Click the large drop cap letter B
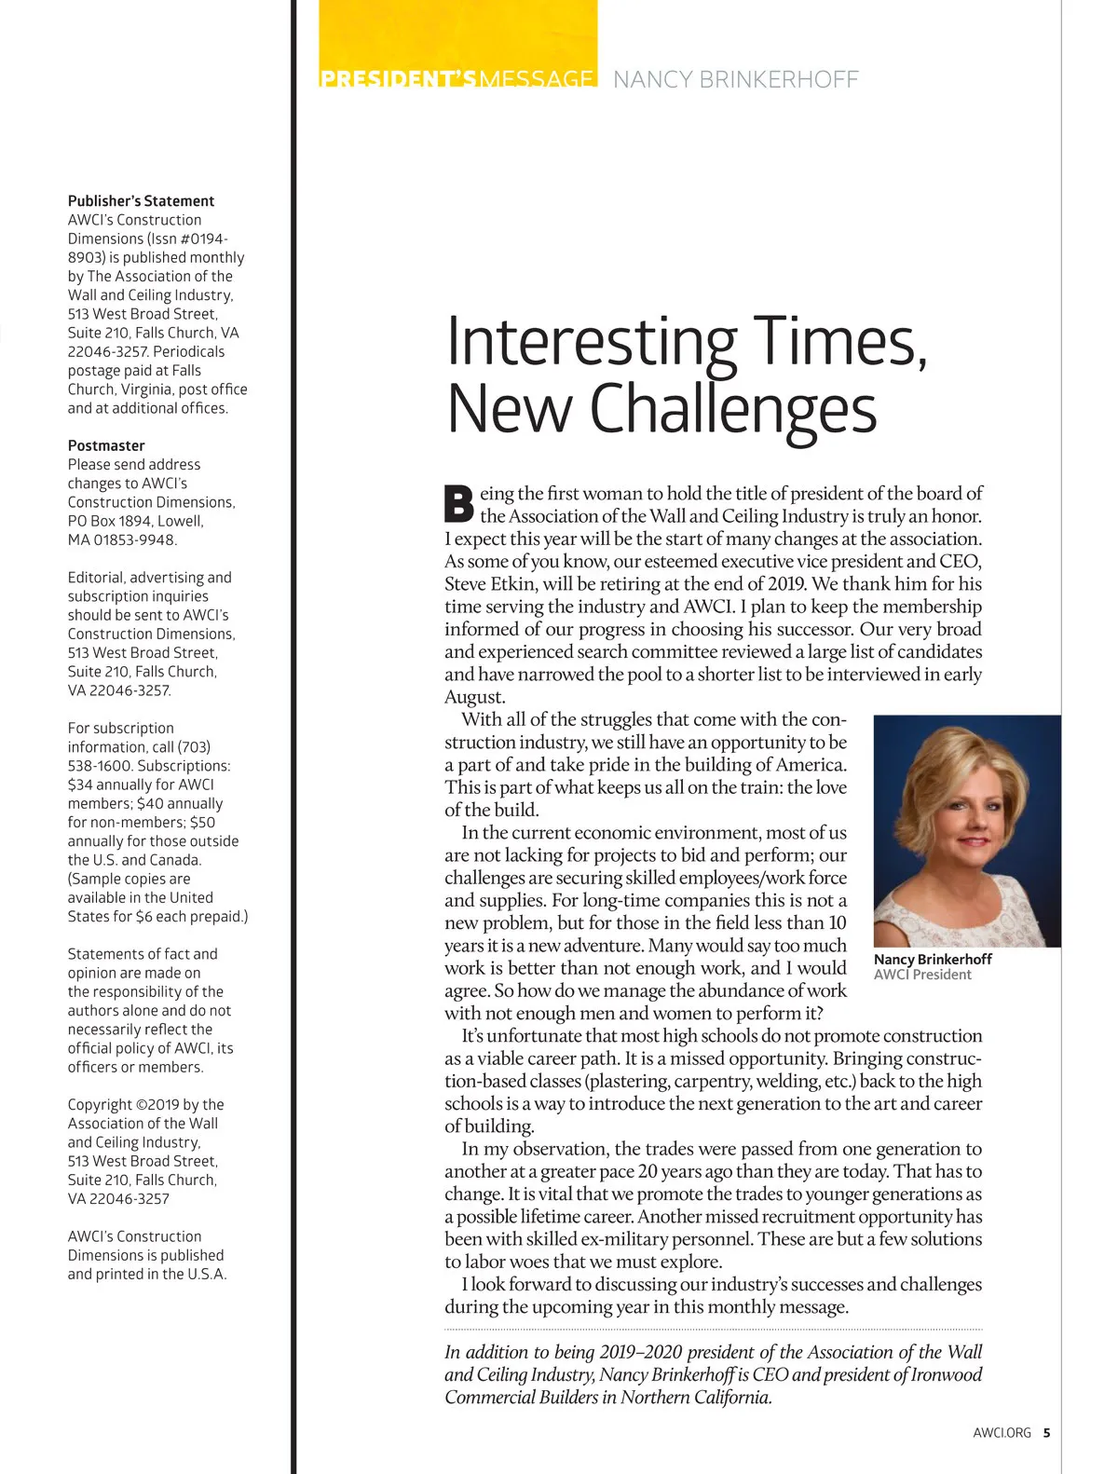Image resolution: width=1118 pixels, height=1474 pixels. coord(458,503)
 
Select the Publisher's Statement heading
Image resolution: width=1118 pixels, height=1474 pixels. coord(141,201)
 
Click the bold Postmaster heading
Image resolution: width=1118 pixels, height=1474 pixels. coord(106,445)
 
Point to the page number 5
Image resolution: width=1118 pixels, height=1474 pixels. coord(1046,1433)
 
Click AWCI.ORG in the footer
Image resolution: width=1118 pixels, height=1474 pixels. coord(1002,1433)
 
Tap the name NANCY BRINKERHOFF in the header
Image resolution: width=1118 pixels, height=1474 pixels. coord(736,80)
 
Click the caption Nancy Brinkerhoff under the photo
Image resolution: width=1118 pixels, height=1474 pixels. coord(933,959)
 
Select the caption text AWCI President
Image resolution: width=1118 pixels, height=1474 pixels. coord(922,975)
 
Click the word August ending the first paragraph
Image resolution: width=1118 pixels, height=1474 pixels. coord(474,697)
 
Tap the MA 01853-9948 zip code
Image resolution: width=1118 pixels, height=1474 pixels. coord(122,539)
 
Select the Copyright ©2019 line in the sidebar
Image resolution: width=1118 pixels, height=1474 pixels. coord(145,1104)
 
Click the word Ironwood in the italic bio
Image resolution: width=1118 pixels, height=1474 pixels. coord(946,1374)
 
